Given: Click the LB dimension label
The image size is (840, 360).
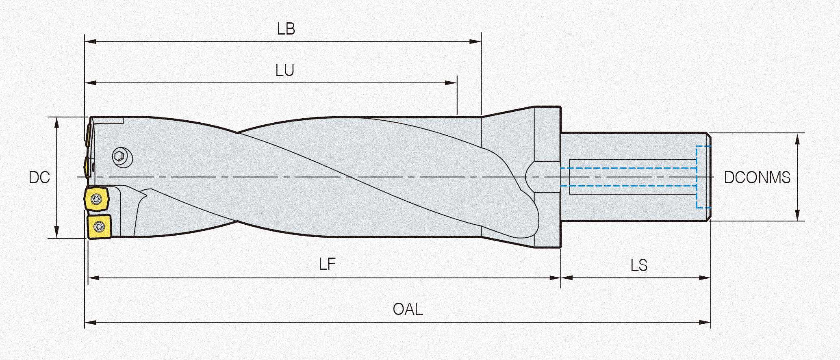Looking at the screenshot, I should (286, 29).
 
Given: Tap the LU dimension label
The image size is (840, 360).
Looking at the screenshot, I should (284, 71).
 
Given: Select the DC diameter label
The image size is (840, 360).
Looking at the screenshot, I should (39, 178).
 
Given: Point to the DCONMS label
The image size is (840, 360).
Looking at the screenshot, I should (757, 178).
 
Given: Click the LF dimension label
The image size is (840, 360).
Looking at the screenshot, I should (327, 265).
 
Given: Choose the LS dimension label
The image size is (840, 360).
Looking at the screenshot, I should (639, 266).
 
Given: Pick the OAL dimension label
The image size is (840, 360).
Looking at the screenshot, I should (408, 310).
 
